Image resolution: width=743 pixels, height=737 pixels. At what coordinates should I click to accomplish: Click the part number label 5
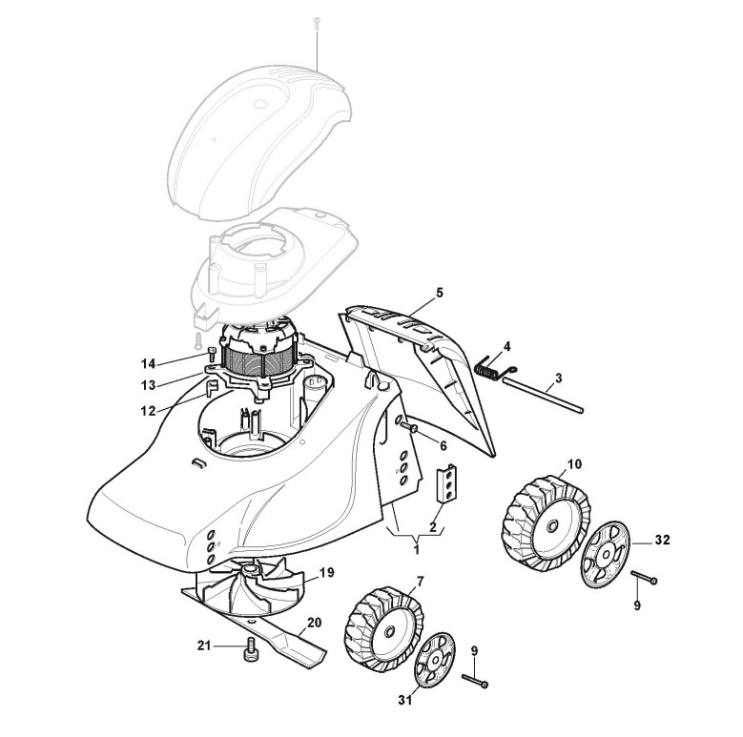(440, 294)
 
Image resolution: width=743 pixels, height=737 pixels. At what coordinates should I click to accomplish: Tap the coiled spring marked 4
(489, 365)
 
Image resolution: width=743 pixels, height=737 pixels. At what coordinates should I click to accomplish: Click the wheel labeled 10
(544, 521)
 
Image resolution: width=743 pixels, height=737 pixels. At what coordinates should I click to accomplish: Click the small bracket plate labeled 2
(446, 484)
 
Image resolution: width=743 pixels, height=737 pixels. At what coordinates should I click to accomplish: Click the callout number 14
(148, 363)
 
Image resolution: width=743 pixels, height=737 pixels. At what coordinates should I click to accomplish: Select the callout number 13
(148, 385)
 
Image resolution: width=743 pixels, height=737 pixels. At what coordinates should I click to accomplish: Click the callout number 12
(148, 410)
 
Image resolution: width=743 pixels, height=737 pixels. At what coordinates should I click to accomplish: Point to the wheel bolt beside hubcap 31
(476, 681)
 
